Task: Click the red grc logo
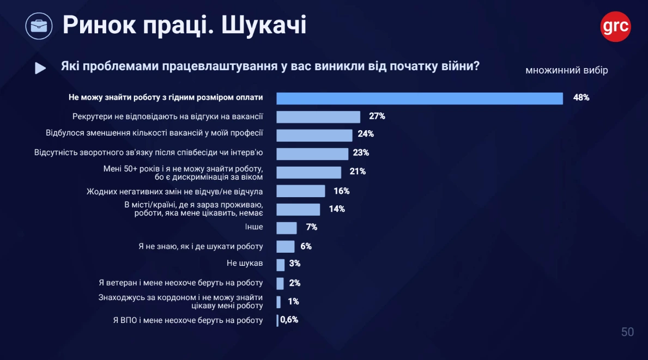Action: [615, 26]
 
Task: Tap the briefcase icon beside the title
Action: [39, 26]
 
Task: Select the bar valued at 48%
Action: [419, 98]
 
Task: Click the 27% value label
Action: [377, 116]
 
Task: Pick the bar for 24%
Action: [314, 135]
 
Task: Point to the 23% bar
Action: [312, 154]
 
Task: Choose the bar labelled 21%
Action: [308, 172]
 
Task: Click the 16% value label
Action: [341, 191]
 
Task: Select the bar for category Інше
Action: [287, 228]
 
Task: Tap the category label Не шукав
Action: [245, 264]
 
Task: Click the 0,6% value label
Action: [289, 320]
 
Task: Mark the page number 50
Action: [627, 332]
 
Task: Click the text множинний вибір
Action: [566, 71]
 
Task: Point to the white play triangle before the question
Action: [40, 68]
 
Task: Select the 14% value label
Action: [337, 209]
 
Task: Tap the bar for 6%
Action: [286, 246]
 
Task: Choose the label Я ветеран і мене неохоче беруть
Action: [181, 283]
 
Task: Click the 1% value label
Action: [293, 301]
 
